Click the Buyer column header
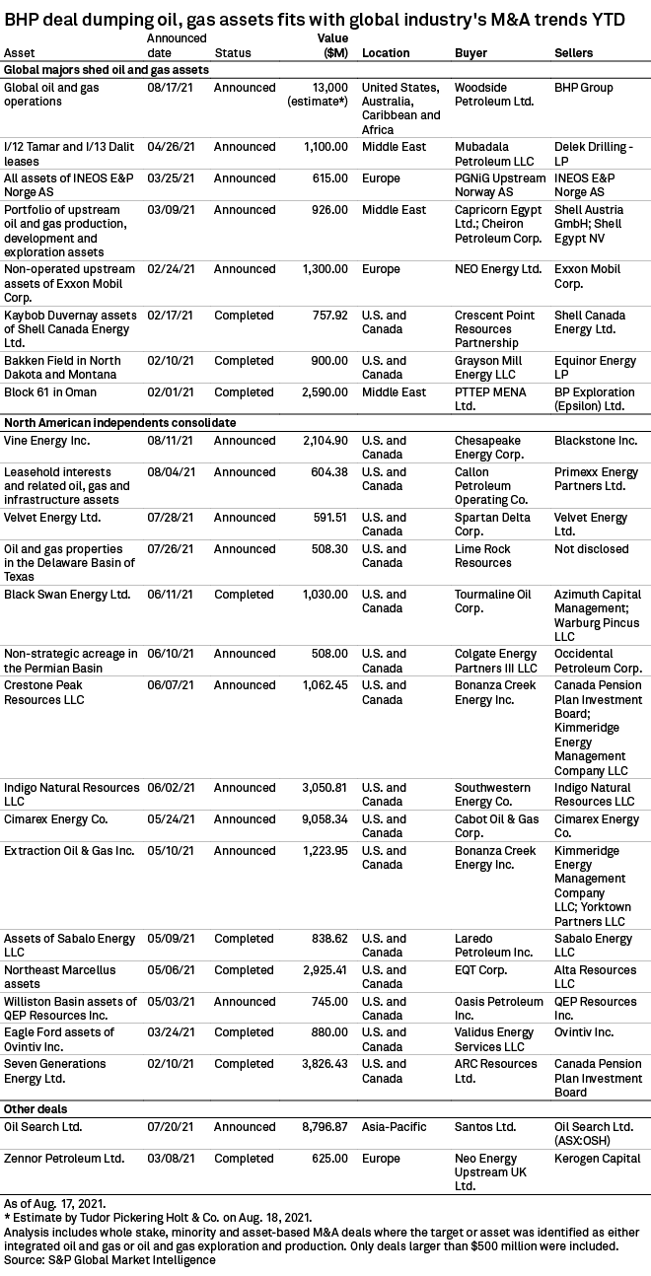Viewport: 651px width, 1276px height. pyautogui.click(x=470, y=52)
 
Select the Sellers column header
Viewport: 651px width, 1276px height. pyautogui.click(x=574, y=52)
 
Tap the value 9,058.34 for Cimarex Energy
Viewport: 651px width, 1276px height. pyautogui.click(x=322, y=819)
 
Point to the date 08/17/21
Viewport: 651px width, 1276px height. pyautogui.click(x=167, y=88)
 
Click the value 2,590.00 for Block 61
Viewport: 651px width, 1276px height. pyautogui.click(x=322, y=392)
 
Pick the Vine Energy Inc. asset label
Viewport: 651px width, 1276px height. pyautogui.click(x=46, y=440)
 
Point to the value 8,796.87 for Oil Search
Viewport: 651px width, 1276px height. pyautogui.click(x=322, y=1126)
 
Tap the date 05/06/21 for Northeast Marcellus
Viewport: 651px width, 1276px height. pyautogui.click(x=167, y=970)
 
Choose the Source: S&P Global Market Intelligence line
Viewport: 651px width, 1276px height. pyautogui.click(x=108, y=1259)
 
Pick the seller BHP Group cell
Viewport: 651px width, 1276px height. pyautogui.click(x=584, y=88)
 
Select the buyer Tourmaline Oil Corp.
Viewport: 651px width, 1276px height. pyautogui.click(x=492, y=601)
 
